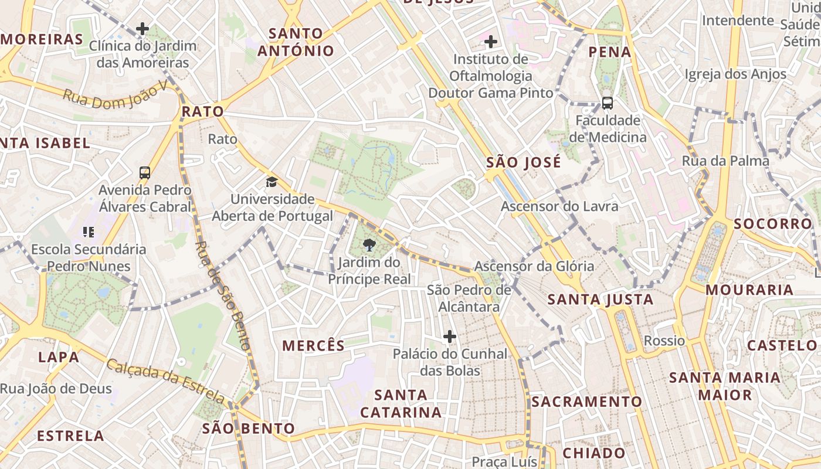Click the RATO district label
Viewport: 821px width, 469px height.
202,111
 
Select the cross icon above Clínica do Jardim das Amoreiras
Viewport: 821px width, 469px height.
142,28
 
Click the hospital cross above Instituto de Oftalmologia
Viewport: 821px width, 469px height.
491,42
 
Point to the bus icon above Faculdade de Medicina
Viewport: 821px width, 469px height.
608,103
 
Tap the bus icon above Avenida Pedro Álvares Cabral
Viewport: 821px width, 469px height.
145,173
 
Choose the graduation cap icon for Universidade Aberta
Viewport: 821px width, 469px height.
271,182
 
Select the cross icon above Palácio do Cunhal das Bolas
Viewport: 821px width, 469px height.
450,337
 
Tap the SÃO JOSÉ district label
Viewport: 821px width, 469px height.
524,162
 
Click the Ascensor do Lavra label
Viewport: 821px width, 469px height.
559,206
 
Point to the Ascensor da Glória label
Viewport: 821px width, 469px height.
534,266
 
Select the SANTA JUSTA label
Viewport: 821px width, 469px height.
600,300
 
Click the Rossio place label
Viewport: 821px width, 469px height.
664,341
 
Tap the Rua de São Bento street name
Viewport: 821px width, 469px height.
223,296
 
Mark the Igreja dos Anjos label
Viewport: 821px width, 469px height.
735,74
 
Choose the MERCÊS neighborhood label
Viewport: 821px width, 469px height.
314,346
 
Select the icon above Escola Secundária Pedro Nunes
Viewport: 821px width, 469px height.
89,232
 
